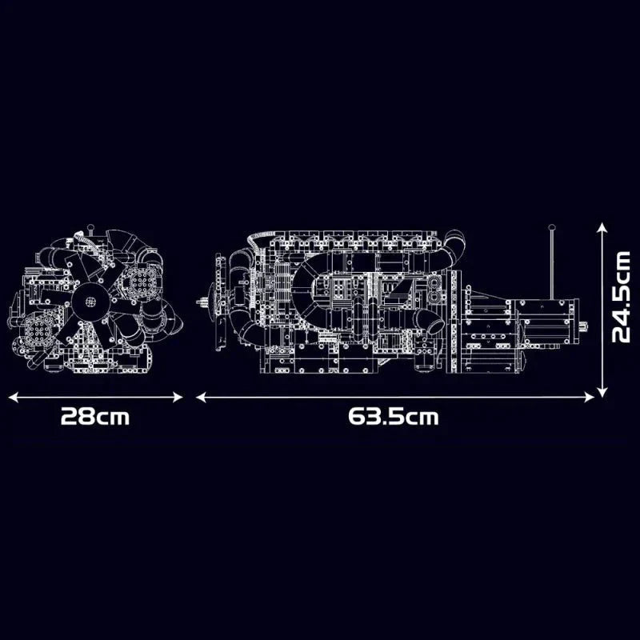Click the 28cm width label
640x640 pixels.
[95, 417]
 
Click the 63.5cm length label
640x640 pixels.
[394, 417]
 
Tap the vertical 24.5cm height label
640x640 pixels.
[621, 297]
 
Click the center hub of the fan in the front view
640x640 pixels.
[90, 302]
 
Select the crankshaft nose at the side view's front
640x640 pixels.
[203, 302]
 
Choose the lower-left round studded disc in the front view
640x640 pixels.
[38, 329]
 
